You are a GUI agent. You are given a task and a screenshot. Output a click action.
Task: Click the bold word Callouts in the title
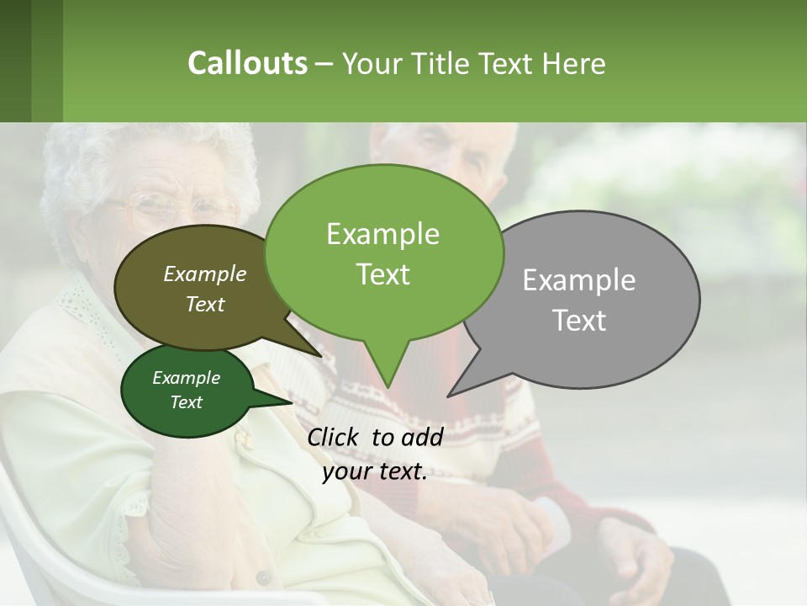(x=247, y=63)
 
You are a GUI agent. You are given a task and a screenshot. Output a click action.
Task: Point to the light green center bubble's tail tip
(x=387, y=386)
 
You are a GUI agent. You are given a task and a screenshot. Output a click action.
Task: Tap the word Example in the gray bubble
(x=579, y=280)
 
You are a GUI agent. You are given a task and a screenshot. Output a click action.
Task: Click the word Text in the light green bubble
(x=383, y=274)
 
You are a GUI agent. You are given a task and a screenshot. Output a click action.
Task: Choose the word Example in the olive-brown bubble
(x=204, y=274)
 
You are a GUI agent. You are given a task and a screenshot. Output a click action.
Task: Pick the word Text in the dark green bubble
(x=186, y=402)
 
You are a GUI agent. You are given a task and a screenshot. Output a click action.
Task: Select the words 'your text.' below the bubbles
(x=375, y=471)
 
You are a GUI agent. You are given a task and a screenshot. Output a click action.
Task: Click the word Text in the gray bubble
(x=579, y=321)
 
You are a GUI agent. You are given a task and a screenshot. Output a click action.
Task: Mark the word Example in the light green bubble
(x=383, y=234)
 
